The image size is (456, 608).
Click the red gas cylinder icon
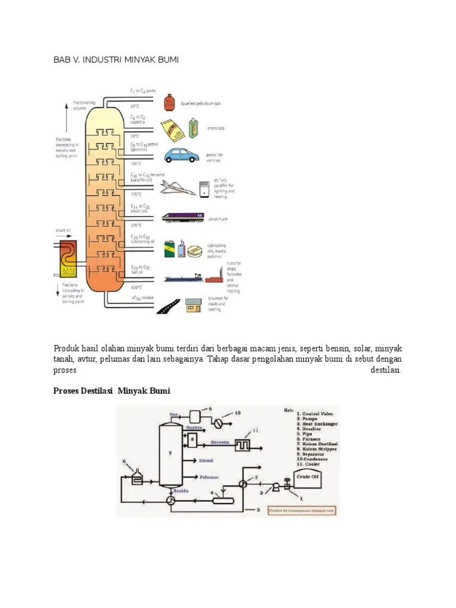coord(169,102)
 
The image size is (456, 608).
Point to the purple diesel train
coord(184,217)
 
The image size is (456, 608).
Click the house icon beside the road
coord(192,305)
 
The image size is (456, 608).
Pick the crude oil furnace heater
coord(66,258)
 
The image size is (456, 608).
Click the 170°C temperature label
coord(136,194)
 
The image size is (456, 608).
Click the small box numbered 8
coord(193,441)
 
